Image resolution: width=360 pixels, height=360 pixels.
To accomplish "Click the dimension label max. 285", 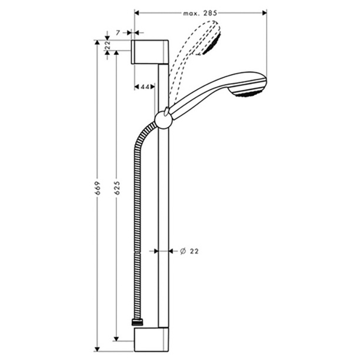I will (x=201, y=12).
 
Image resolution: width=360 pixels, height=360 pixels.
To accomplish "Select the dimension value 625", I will (x=116, y=187).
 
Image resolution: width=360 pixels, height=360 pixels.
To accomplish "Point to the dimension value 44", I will (x=144, y=87).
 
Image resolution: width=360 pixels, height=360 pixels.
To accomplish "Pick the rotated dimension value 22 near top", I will (x=108, y=46).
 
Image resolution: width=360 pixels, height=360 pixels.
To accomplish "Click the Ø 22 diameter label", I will (x=188, y=251).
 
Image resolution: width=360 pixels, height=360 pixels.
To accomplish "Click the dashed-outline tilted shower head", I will (x=209, y=38).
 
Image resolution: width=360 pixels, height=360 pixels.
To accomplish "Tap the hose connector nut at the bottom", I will (x=137, y=322).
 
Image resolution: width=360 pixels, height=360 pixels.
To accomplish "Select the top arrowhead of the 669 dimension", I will (x=98, y=43).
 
